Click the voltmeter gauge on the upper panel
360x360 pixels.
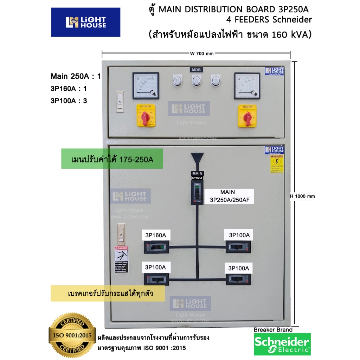145,86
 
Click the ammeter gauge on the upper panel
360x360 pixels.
247,86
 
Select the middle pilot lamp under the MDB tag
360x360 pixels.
195,81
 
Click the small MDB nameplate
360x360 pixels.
195,70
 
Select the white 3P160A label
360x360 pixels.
155,235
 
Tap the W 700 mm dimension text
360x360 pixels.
202,53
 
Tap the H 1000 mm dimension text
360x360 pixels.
302,196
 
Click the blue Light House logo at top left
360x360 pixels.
86,22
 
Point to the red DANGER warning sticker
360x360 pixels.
121,259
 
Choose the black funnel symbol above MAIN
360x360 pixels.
197,160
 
